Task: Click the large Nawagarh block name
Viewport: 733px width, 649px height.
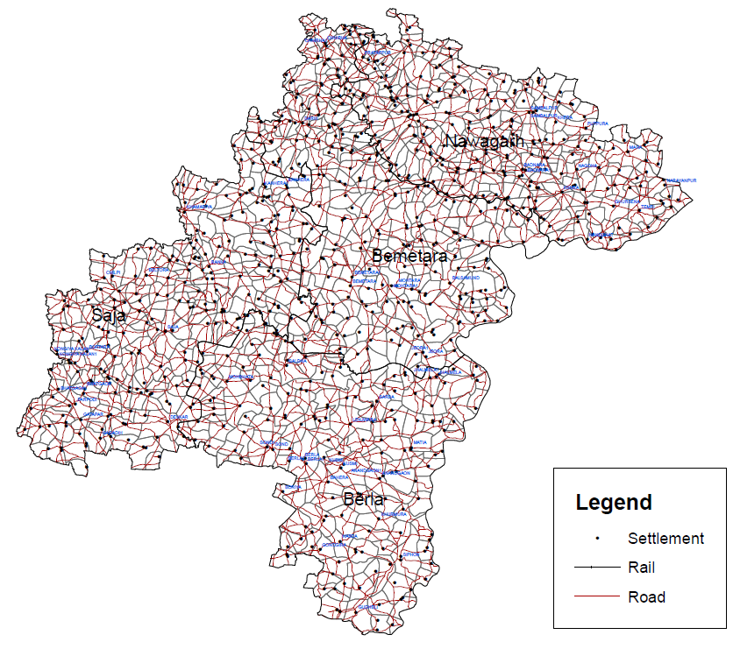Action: (484, 141)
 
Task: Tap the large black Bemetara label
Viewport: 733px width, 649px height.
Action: (409, 256)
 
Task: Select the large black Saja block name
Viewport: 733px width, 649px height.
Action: (109, 314)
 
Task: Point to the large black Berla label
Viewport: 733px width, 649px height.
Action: (363, 499)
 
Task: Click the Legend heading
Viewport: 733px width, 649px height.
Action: (614, 503)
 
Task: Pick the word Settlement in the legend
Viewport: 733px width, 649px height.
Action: (665, 538)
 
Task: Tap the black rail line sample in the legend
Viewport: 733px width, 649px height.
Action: (597, 568)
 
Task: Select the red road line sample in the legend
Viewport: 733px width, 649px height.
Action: (597, 597)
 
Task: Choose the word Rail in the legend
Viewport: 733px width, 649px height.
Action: (641, 568)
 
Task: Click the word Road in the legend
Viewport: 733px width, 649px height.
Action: (646, 597)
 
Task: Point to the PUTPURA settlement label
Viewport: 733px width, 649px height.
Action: (597, 123)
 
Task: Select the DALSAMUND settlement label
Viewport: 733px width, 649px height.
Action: (466, 278)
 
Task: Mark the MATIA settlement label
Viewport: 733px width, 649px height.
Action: (420, 443)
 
